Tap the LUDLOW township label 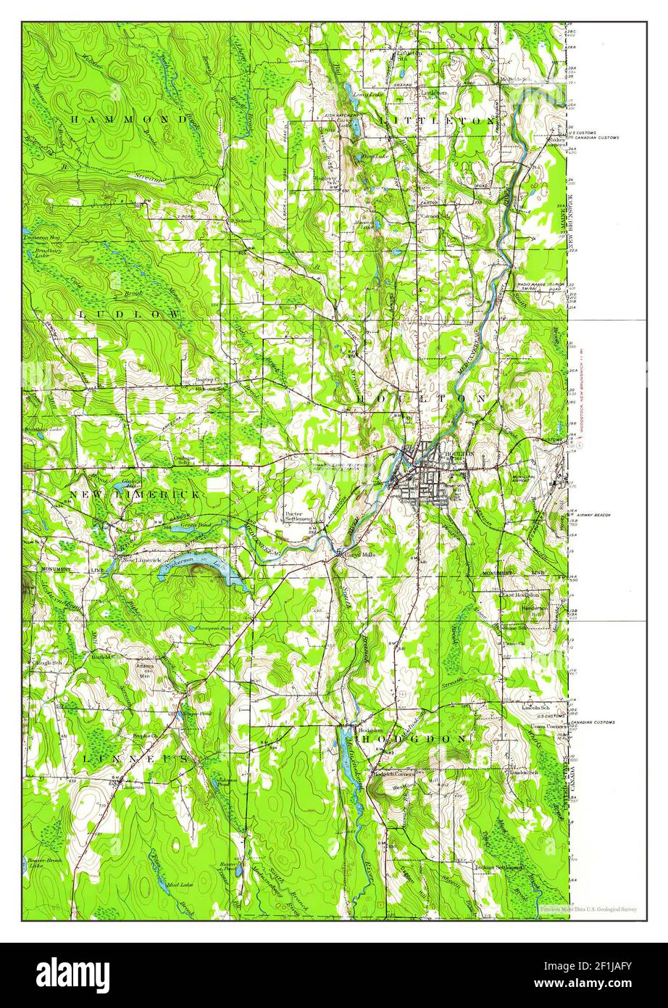pos(129,313)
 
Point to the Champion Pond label pos(212,628)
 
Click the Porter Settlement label pos(297,516)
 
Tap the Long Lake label pos(363,94)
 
